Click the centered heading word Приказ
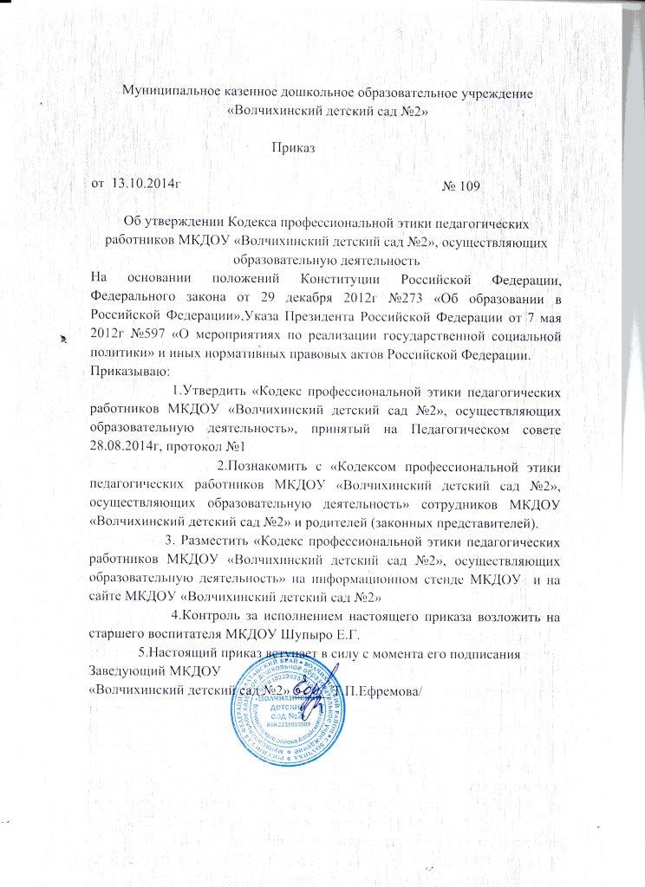293,148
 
